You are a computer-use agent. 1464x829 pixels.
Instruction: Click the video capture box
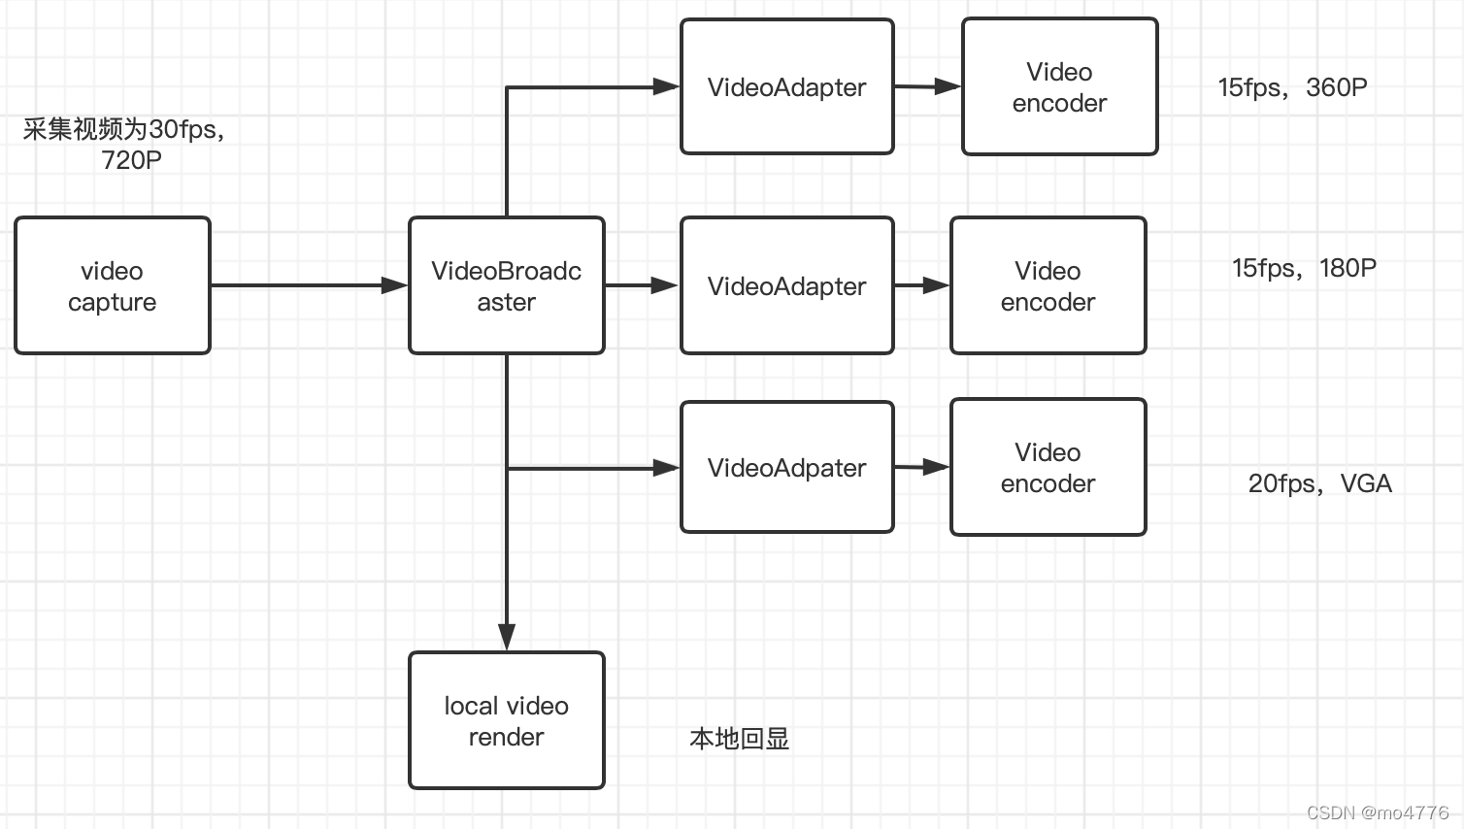point(113,285)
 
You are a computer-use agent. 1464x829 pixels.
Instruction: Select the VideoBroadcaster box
point(506,285)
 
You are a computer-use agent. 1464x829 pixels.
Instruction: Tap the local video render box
point(506,720)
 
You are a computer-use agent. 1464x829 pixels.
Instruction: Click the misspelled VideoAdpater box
point(786,468)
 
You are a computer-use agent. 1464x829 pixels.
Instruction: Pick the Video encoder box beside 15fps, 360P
point(1059,87)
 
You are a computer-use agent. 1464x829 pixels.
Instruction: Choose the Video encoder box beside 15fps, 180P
point(1048,285)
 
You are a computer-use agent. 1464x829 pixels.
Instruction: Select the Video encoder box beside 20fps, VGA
point(1048,467)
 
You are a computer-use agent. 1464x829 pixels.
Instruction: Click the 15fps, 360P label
point(1292,87)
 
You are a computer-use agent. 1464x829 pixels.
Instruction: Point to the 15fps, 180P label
point(1303,268)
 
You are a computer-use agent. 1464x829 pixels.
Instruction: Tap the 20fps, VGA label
point(1319,483)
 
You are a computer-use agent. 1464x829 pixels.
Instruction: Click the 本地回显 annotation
point(739,739)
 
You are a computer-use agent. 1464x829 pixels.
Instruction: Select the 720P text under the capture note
point(131,160)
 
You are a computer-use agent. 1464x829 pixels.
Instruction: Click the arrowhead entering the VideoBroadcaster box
point(395,285)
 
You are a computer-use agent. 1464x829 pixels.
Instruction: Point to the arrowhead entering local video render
point(506,637)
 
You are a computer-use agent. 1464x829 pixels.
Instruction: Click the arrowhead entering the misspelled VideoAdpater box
point(667,468)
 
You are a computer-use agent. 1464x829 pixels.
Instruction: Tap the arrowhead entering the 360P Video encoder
point(948,87)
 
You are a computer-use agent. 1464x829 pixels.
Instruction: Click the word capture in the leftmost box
point(112,302)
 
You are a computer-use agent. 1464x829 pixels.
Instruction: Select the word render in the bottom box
point(506,737)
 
